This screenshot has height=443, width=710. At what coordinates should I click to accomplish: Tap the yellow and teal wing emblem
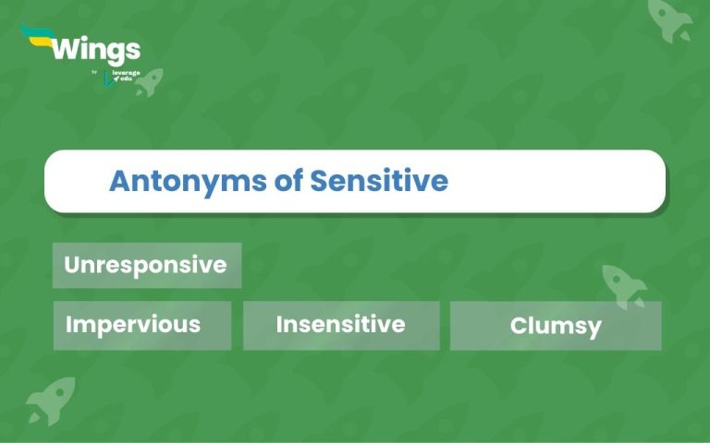pyautogui.click(x=37, y=38)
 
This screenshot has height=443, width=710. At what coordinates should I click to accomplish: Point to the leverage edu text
pyautogui.click(x=119, y=75)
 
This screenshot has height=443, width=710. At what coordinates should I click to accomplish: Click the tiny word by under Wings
pyautogui.click(x=94, y=72)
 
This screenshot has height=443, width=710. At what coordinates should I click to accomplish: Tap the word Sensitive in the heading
pyautogui.click(x=379, y=181)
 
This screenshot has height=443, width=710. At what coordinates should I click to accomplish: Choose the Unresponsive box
pyautogui.click(x=146, y=265)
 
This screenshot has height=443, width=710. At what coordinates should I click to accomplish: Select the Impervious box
pyautogui.click(x=141, y=325)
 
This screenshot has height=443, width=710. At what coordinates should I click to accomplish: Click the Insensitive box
pyautogui.click(x=340, y=325)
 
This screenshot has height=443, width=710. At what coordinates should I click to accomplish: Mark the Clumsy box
pyautogui.click(x=556, y=326)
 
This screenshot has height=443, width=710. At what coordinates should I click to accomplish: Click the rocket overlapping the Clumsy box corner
pyautogui.click(x=624, y=285)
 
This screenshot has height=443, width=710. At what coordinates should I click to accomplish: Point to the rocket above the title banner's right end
pyautogui.click(x=670, y=19)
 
